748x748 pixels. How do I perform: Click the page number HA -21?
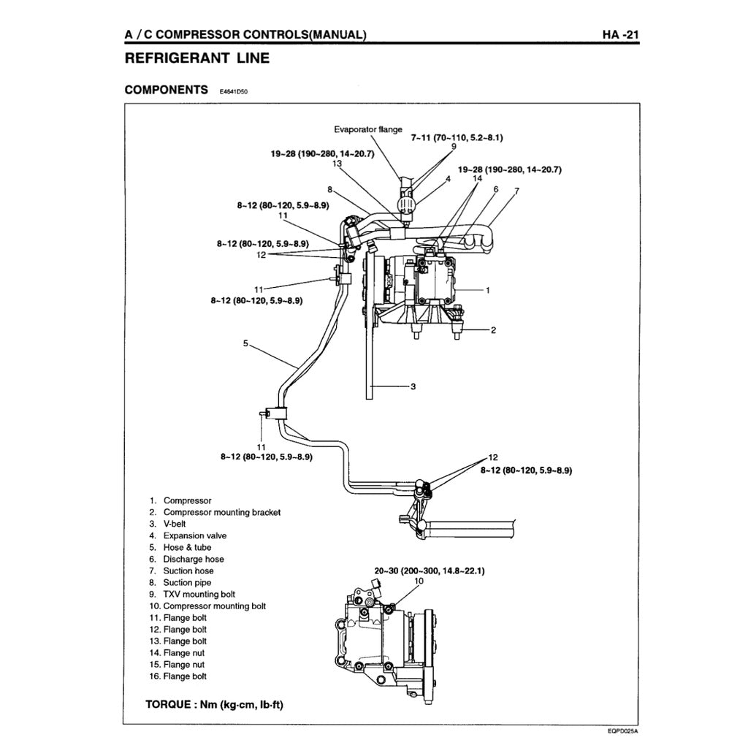click(x=621, y=34)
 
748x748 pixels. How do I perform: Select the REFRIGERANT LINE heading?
click(x=196, y=58)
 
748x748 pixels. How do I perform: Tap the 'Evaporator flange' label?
click(x=368, y=129)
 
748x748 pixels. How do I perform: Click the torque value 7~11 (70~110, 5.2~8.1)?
click(x=457, y=137)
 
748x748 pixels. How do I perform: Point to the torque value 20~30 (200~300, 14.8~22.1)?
click(x=430, y=570)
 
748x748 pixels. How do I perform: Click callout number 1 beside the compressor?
click(x=488, y=290)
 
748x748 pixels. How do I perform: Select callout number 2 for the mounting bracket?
click(x=493, y=330)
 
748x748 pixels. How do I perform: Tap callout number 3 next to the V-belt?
click(x=413, y=386)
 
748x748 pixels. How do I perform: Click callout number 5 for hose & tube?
click(x=246, y=343)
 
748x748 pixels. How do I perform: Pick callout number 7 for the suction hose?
click(x=516, y=191)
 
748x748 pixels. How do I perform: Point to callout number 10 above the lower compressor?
click(x=419, y=581)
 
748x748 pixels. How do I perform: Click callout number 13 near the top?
click(x=337, y=164)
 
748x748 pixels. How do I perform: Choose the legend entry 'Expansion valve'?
click(x=194, y=535)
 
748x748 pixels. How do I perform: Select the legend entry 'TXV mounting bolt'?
click(x=199, y=594)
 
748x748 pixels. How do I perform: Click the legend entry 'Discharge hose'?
click(x=194, y=559)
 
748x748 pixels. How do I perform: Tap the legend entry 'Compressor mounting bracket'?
click(x=221, y=512)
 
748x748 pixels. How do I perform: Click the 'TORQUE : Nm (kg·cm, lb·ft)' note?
click(x=215, y=705)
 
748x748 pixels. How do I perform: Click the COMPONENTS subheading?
click(x=167, y=90)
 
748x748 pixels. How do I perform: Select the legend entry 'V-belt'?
click(x=176, y=524)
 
